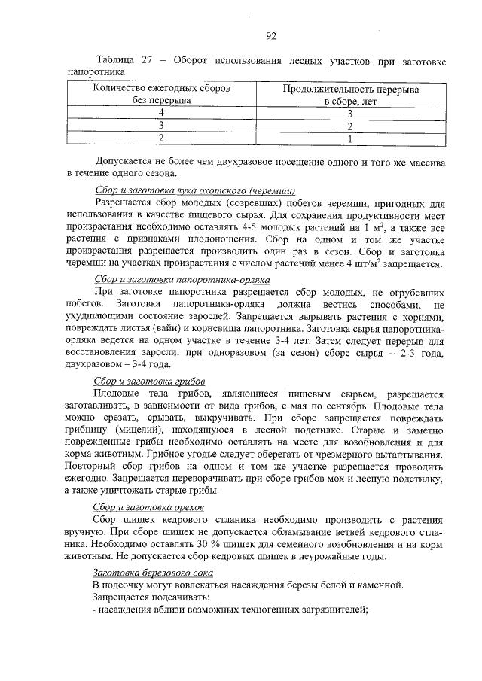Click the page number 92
[271, 35]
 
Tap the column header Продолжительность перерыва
[350, 89]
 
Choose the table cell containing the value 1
[350, 138]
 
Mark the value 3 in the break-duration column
[350, 113]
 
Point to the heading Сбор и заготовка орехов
[150, 508]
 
